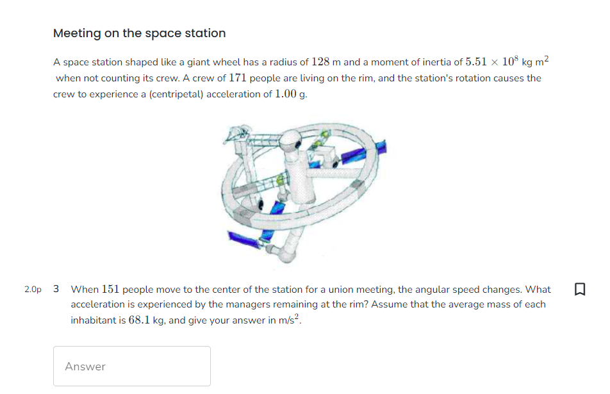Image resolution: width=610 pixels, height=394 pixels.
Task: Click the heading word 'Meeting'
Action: [76, 33]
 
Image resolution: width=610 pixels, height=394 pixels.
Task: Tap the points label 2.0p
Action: [33, 290]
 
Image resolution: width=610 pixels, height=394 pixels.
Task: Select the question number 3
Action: [56, 289]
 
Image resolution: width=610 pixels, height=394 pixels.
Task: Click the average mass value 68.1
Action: [140, 320]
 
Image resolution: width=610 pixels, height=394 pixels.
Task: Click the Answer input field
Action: [131, 366]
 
